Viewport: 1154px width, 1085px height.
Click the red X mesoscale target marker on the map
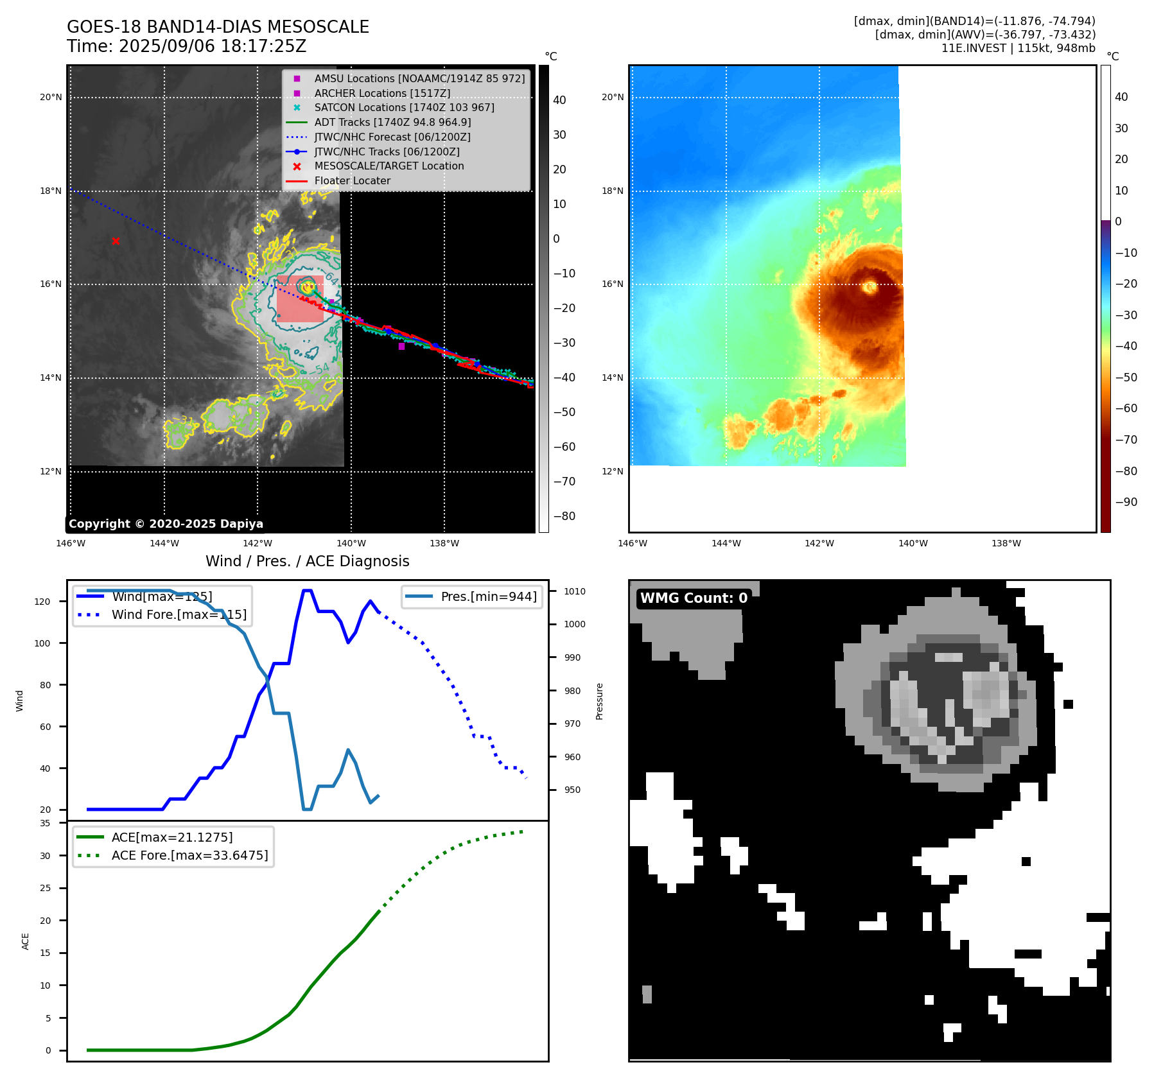(x=116, y=241)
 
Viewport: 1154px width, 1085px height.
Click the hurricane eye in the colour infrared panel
(x=870, y=287)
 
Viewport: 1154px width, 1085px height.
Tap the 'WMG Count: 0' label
(x=694, y=598)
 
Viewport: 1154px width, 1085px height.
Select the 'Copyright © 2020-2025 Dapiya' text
(x=166, y=524)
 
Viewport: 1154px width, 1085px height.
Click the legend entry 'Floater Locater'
(x=352, y=181)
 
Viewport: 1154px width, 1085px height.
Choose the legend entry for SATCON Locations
(x=404, y=108)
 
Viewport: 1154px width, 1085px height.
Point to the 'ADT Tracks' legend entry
(x=392, y=123)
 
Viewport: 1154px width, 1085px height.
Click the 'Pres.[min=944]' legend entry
(x=488, y=596)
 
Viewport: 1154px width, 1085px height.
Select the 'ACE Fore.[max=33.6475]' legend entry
(x=189, y=855)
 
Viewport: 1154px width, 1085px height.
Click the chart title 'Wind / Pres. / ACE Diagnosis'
(x=307, y=561)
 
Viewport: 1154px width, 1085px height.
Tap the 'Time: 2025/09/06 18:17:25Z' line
(x=186, y=47)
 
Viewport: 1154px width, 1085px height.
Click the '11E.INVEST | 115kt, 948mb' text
(x=1018, y=48)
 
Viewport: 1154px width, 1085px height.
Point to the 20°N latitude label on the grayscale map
(x=51, y=98)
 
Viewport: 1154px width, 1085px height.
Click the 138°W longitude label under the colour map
(x=1006, y=543)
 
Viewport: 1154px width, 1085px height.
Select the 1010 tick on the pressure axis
(x=575, y=591)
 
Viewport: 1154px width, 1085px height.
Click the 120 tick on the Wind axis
(x=42, y=602)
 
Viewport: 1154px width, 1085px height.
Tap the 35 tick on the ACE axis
(x=45, y=823)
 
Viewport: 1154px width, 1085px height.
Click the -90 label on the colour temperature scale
(x=1126, y=502)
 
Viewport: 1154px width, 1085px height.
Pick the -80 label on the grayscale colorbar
(x=564, y=516)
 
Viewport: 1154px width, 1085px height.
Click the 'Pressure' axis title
(x=599, y=701)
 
